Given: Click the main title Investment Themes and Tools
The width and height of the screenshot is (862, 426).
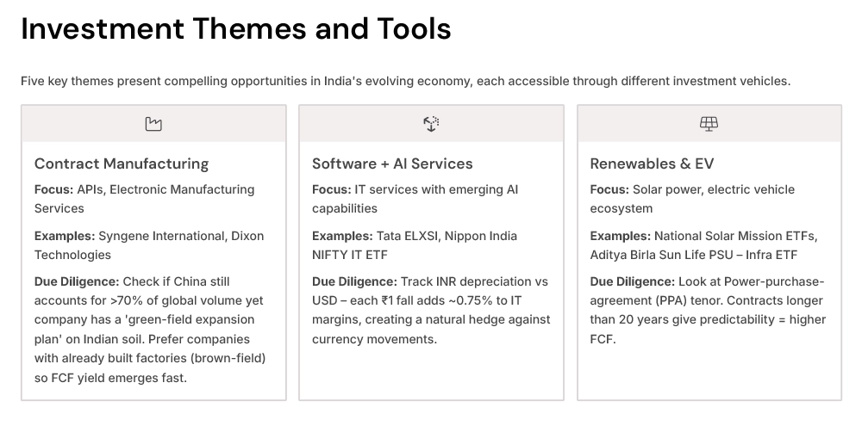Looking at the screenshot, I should [x=235, y=28].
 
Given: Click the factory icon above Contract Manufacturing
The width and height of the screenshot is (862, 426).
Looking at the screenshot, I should [x=153, y=124].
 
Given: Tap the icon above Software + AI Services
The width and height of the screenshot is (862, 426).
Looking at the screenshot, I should [x=431, y=124].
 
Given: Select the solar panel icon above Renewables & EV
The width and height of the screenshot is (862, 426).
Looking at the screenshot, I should [x=709, y=124].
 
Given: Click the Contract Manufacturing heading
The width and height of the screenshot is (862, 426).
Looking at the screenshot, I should [x=122, y=164].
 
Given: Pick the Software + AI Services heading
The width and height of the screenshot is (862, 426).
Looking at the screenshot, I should [x=392, y=164].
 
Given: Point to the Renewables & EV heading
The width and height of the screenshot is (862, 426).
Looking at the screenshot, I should [x=652, y=164].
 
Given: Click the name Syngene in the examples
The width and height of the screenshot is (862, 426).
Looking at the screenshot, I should [x=123, y=236].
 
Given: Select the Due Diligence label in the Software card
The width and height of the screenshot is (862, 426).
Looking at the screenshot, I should [x=354, y=281].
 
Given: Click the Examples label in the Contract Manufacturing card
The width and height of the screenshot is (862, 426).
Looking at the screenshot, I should [x=65, y=236].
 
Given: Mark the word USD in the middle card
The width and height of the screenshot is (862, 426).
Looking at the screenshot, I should [x=325, y=300].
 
